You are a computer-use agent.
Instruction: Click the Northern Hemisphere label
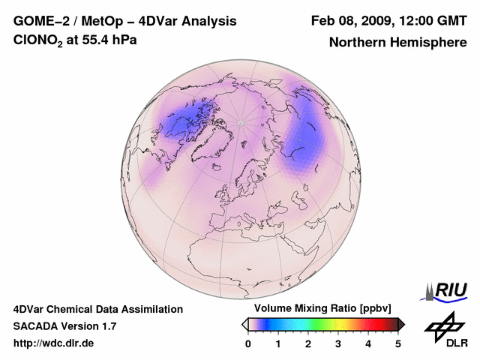[397, 43]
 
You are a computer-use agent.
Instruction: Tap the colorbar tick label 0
[248, 343]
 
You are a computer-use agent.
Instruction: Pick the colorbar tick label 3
[338, 343]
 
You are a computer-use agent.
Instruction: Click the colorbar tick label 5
[398, 343]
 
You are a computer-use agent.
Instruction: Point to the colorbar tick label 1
[278, 343]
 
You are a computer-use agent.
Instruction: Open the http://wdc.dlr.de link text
[54, 343]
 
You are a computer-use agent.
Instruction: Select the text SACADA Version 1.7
[64, 326]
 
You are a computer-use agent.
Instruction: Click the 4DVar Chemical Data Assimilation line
[98, 309]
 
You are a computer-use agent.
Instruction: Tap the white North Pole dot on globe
[241, 122]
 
